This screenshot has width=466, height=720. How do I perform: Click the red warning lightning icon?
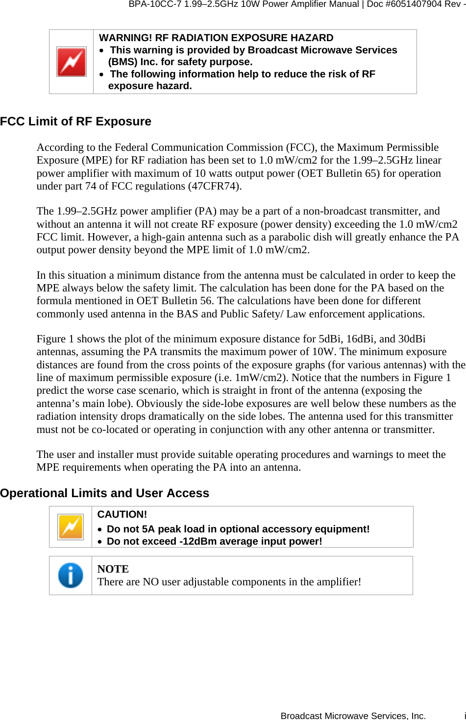tap(72, 62)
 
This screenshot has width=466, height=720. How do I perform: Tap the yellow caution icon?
tap(71, 527)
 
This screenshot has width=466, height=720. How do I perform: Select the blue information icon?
tap(71, 576)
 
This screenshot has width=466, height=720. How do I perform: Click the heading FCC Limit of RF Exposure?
tap(76, 121)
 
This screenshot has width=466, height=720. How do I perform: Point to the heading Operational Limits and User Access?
tap(105, 493)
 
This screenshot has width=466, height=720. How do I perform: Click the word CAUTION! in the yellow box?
tap(122, 514)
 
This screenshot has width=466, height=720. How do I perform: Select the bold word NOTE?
tap(113, 569)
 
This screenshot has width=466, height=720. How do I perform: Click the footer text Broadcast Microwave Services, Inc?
tap(353, 716)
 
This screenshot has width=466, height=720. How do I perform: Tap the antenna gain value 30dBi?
tap(412, 339)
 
